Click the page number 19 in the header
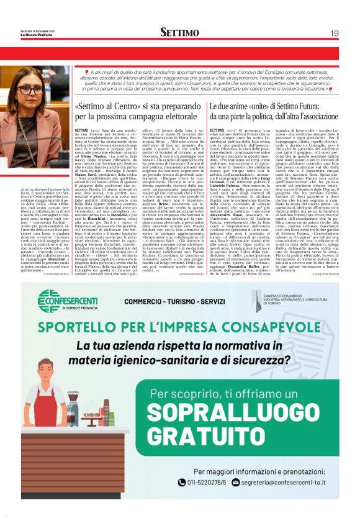click(334, 33)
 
